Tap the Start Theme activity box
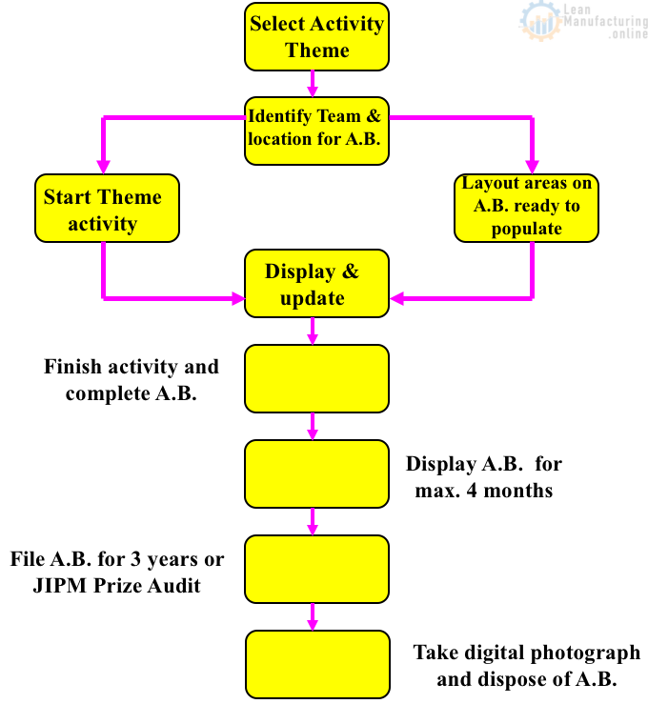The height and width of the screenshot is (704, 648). [x=107, y=209]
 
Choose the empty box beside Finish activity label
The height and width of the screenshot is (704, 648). [x=316, y=378]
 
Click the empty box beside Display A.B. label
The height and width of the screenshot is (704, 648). [x=316, y=473]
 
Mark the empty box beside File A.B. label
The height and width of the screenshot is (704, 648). [x=316, y=569]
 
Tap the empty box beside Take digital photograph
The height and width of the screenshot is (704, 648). [x=316, y=663]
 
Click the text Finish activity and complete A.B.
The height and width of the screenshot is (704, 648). [x=132, y=379]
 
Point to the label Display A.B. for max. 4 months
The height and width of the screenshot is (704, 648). [x=484, y=477]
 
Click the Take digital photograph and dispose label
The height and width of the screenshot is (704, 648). [x=526, y=666]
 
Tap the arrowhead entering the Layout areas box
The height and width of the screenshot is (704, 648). [x=531, y=164]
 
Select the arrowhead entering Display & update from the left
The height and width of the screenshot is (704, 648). [x=235, y=299]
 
